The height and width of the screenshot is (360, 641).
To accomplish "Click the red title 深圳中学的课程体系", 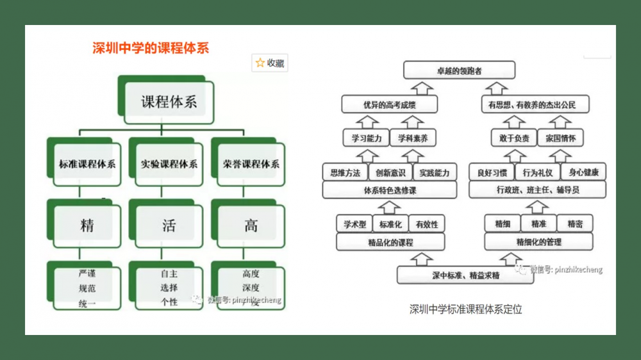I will click(151, 48).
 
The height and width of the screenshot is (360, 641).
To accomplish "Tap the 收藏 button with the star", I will click(270, 63).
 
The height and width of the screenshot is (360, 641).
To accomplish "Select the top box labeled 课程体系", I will click(169, 101).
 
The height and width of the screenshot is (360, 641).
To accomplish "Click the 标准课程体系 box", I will click(83, 163).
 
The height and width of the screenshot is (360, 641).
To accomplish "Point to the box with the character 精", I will click(87, 225).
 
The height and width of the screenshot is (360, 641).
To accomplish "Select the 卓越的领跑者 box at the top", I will click(458, 70).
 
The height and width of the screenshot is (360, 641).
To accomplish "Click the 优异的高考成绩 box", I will click(390, 104).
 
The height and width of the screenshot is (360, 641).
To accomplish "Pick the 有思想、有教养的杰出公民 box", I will click(534, 104).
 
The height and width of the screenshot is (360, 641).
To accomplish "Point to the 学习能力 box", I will click(366, 138).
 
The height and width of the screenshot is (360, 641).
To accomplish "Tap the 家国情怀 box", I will click(560, 138).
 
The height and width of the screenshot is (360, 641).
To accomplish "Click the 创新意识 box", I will click(390, 172).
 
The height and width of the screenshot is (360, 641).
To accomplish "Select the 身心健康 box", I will click(583, 172).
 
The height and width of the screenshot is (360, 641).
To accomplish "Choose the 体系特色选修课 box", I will click(390, 190).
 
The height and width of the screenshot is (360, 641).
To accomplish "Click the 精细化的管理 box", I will click(538, 241).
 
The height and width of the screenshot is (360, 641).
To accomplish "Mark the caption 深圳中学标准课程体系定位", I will click(466, 309).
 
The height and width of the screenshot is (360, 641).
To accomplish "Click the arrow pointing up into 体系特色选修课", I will click(389, 206).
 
